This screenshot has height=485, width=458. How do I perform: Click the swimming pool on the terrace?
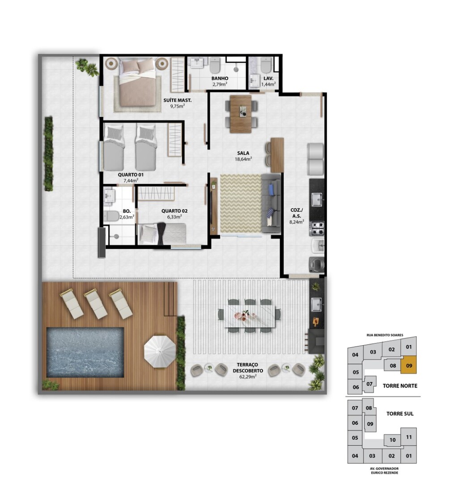coord(85,352)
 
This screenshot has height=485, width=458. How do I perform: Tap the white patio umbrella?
coord(160,351)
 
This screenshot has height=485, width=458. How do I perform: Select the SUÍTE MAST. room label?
coord(177,100)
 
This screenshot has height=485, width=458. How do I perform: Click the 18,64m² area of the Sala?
coord(243,159)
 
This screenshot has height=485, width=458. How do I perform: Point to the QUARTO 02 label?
coord(174,211)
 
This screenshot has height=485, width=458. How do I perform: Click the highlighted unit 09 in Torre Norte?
coord(409,365)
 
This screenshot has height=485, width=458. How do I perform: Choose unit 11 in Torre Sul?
coord(409,437)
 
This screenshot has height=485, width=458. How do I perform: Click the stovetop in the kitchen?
coord(317,228)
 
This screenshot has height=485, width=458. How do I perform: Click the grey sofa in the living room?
coord(271,203)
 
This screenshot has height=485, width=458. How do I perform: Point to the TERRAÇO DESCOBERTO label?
coord(248,368)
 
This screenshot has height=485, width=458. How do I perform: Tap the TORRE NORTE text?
coord(400,386)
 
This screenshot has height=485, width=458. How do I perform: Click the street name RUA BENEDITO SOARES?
coord(385,335)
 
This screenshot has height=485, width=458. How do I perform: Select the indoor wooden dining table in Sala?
coord(241,114)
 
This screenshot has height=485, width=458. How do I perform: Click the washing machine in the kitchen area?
coord(316,264)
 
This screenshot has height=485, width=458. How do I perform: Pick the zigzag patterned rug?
coord(241,204)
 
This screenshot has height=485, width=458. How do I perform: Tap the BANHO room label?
coord(220,79)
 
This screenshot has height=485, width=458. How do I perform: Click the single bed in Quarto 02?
coord(162,234)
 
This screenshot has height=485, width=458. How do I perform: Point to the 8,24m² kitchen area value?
coord(297,222)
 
